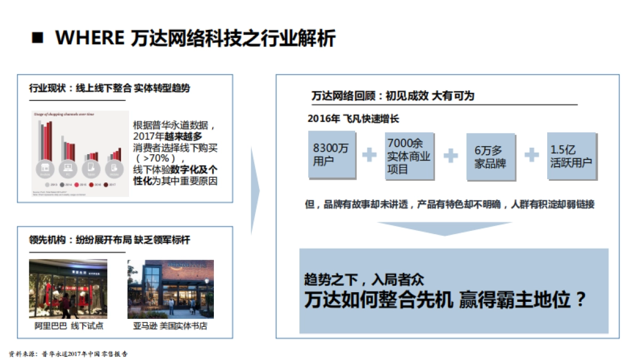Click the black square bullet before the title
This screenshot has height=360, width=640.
[38, 38]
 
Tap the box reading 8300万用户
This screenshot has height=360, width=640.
[331, 155]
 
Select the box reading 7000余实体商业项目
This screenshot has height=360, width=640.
[409, 156]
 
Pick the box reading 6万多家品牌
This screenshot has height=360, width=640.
[490, 156]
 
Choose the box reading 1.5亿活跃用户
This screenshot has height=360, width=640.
[571, 156]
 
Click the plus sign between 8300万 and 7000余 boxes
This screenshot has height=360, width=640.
[369, 155]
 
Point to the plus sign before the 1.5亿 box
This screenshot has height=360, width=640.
[531, 155]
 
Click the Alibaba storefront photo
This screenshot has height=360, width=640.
[68, 289]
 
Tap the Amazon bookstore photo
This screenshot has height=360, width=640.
[171, 289]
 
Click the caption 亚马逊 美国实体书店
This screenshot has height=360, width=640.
[170, 325]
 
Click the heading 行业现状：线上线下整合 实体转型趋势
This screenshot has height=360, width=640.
[109, 88]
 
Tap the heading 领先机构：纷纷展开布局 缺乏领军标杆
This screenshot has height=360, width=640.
[109, 240]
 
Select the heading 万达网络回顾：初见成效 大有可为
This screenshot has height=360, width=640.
[393, 96]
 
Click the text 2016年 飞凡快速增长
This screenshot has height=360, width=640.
[353, 118]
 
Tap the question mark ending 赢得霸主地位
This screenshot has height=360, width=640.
[581, 299]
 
